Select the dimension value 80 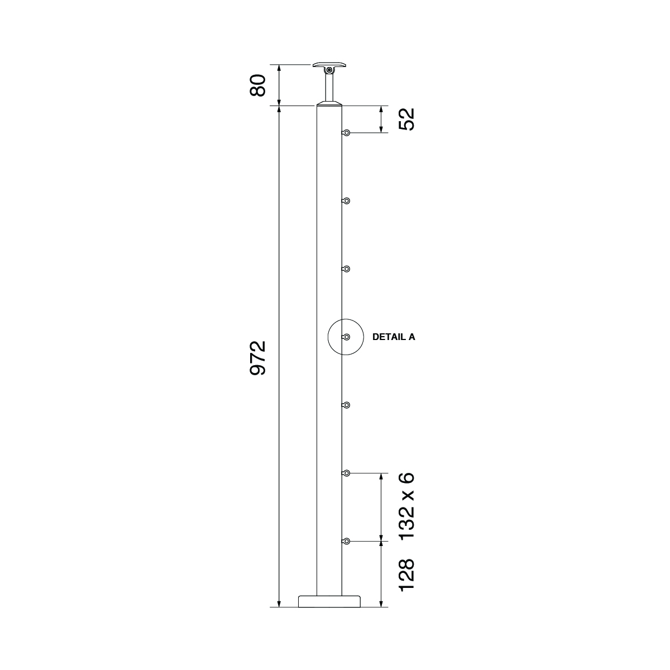point(257,85)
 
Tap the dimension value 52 point(407,119)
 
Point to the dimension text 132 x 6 point(407,506)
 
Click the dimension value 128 point(407,575)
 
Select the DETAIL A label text point(394,337)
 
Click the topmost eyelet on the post point(347,133)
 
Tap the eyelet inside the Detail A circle point(347,337)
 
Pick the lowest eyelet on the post point(347,541)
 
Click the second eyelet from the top point(347,200)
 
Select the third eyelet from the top point(347,269)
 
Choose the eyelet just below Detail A point(347,405)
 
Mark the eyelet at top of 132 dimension point(347,473)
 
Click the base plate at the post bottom point(329,601)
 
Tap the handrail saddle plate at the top point(329,65)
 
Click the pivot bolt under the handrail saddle point(329,71)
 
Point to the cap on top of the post point(329,104)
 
